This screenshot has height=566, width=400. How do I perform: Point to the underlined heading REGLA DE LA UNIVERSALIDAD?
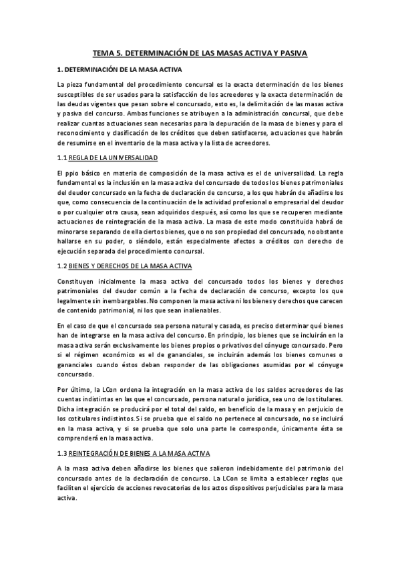(x=115, y=158)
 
